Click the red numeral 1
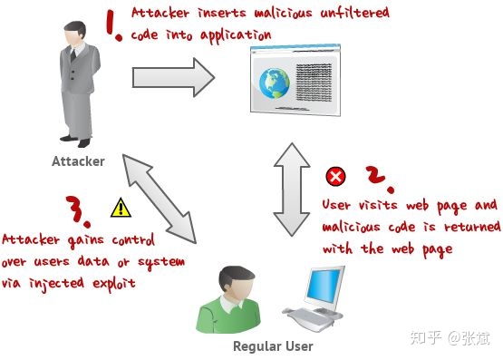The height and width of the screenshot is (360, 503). click(x=113, y=25)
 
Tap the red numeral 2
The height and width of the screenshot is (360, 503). click(x=379, y=179)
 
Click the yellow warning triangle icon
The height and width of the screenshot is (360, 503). click(x=121, y=208)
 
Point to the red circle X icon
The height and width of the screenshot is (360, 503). click(x=335, y=177)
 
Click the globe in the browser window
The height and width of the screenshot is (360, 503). click(x=275, y=83)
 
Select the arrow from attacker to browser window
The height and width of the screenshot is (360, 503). click(x=173, y=77)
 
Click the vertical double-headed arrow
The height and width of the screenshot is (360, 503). click(x=292, y=190)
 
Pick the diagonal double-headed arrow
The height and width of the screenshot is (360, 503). click(x=160, y=199)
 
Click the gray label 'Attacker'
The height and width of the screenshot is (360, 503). click(x=78, y=161)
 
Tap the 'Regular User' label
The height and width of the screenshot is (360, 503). click(x=273, y=346)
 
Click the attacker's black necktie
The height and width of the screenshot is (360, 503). click(x=73, y=54)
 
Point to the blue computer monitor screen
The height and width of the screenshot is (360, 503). click(x=323, y=286)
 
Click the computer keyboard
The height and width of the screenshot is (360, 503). click(x=308, y=318)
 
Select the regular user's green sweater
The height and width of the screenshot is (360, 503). click(x=228, y=316)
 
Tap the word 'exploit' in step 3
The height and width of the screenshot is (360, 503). click(x=114, y=284)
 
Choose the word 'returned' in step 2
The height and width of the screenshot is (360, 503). click(x=472, y=227)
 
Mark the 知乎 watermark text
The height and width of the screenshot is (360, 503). click(x=426, y=337)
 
